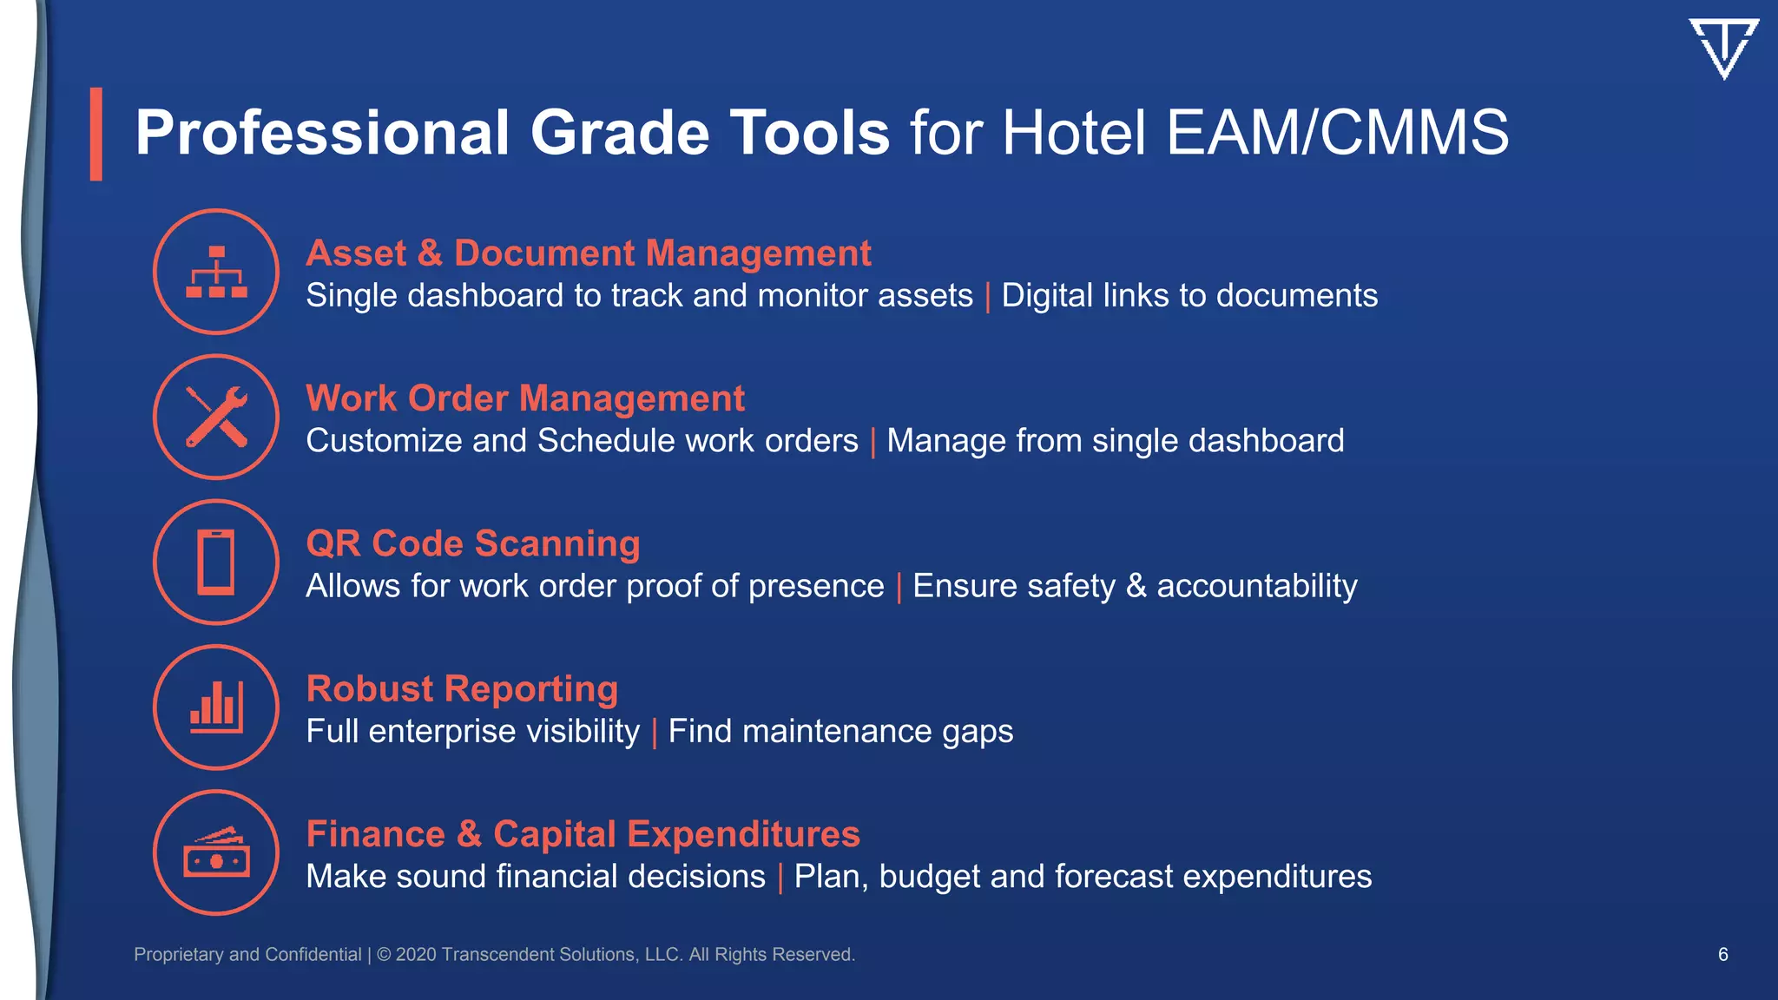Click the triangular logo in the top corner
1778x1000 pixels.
coord(1723,48)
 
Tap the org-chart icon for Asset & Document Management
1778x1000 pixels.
coord(216,272)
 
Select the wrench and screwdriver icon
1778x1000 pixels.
coord(216,417)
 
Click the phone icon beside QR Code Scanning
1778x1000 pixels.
coord(216,562)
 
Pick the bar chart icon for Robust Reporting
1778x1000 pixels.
coord(216,707)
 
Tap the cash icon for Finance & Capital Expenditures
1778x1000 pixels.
coord(216,852)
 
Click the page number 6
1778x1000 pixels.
coord(1722,954)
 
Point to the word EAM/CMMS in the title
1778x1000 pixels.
coord(1337,133)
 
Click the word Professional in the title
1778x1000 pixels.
coord(322,133)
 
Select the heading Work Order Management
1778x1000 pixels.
coord(525,398)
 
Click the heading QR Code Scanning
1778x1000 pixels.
coord(473,543)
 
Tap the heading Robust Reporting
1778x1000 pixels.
coord(462,688)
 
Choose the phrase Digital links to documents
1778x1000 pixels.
coord(1189,296)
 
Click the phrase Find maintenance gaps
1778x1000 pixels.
coord(840,731)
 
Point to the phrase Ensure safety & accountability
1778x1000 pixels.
coord(1135,586)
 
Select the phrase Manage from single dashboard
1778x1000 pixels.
coord(1115,441)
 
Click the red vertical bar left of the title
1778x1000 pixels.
coord(96,134)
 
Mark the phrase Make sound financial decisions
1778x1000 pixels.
coord(536,877)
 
